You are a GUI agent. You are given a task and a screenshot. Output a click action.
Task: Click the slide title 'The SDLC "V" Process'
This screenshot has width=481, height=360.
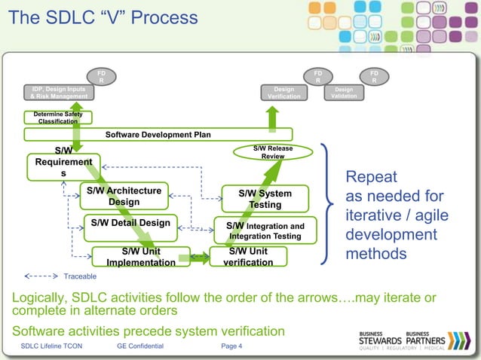coord(103,17)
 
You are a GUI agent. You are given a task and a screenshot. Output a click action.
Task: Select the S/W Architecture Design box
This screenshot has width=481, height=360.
coord(123,196)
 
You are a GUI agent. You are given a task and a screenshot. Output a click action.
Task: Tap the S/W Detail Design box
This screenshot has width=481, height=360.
coord(130,223)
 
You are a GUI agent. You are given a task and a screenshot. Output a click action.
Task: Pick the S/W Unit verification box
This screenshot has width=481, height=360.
coord(248,257)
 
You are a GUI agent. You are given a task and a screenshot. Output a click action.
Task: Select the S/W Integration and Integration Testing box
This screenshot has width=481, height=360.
coord(265,230)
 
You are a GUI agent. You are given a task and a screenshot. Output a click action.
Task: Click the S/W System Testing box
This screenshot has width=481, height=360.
coord(265,199)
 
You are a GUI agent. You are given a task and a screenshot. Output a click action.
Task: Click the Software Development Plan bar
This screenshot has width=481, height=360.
coord(158,135)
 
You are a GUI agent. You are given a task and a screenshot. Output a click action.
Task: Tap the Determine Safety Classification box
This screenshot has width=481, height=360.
coord(58,117)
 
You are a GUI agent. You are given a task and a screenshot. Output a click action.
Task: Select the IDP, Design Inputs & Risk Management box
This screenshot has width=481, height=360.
coord(57,93)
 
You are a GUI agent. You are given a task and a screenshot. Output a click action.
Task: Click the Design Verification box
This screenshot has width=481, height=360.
coord(283,93)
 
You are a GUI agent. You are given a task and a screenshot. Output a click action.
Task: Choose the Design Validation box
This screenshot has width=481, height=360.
coord(344,93)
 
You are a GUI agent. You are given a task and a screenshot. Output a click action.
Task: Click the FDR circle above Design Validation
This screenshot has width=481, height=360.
coord(374,76)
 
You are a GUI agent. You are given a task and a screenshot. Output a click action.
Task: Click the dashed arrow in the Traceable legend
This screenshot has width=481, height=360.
coord(42,276)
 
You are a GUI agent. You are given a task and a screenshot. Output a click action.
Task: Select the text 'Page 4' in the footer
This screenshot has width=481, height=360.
coord(231,346)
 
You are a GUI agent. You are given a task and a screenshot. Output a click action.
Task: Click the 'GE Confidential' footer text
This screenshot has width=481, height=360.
coord(140,346)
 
